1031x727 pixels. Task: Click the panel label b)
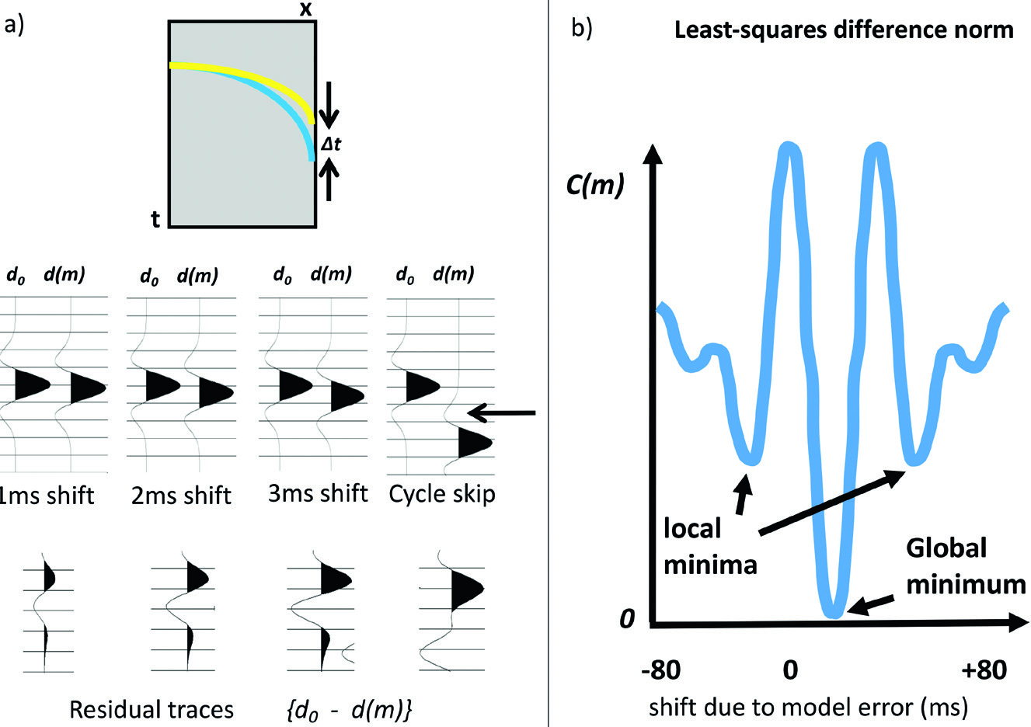[x=582, y=29]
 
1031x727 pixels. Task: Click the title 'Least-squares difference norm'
[x=844, y=30]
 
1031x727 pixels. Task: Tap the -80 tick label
[x=660, y=670]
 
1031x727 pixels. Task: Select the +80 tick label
[x=984, y=670]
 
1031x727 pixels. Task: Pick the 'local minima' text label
[x=709, y=546]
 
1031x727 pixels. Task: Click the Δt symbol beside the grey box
[x=331, y=143]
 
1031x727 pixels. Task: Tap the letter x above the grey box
[x=306, y=9]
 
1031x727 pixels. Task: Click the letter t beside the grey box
[x=155, y=220]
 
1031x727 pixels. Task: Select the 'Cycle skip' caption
[x=442, y=494]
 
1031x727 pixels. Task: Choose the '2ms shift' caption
[x=181, y=496]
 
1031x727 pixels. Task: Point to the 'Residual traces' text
[x=152, y=709]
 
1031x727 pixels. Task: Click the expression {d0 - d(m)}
[x=348, y=709]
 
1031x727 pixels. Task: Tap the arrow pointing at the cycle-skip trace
[x=505, y=412]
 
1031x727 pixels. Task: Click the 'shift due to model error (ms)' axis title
[x=808, y=707]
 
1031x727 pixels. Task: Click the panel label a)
[x=13, y=26]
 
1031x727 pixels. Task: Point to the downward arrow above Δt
[x=329, y=104]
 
